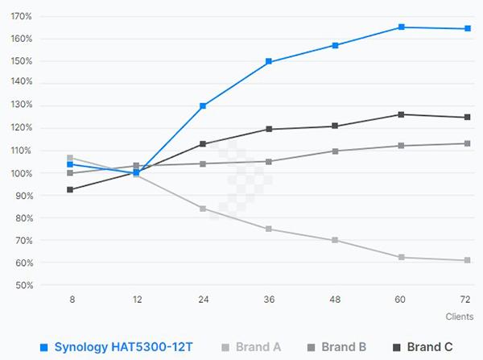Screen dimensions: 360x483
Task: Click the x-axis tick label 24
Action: [x=203, y=299]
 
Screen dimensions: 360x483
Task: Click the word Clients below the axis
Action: [x=459, y=317]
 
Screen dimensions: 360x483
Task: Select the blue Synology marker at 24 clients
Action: [x=203, y=106]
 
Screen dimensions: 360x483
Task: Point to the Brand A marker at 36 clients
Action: [x=269, y=229]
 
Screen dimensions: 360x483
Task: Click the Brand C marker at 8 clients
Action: [x=71, y=189]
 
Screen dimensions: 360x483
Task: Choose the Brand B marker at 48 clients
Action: [x=336, y=151]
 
